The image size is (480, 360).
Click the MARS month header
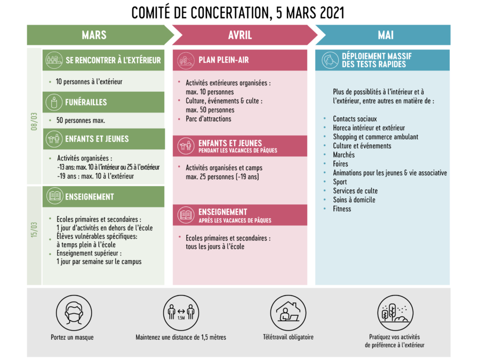tap(94, 35)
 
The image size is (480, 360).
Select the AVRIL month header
tap(240, 35)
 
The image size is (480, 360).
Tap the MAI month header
tap(386, 35)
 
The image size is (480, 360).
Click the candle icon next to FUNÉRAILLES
tap(54, 102)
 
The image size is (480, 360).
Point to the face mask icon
tap(74, 313)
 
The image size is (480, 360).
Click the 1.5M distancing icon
tap(181, 313)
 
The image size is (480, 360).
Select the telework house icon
tap(288, 313)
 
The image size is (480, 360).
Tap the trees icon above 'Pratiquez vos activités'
tap(395, 313)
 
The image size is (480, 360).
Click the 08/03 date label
tap(34, 122)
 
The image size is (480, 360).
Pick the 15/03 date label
tap(34, 230)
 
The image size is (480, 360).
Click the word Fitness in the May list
tap(342, 209)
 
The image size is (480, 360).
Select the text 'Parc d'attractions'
tap(209, 119)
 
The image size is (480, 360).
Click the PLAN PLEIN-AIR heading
tap(224, 60)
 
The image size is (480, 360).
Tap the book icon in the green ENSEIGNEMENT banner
tap(55, 196)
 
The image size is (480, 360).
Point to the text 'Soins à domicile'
tap(354, 200)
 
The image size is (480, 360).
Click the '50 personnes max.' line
tap(81, 121)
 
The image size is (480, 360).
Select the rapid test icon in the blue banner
tap(330, 60)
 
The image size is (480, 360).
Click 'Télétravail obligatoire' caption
tap(289, 337)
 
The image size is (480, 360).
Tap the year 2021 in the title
tap(332, 13)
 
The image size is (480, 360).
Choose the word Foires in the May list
tap(340, 164)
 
